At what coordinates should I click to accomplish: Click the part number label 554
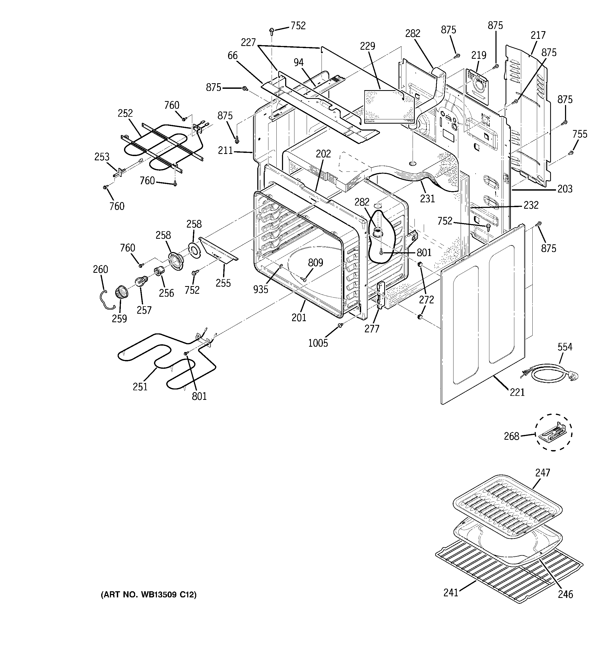(564, 347)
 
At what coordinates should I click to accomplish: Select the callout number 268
(511, 436)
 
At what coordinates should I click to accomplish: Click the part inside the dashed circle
(554, 433)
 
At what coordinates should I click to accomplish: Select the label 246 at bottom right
(565, 594)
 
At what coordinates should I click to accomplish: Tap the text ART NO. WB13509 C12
(148, 595)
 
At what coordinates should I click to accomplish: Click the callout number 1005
(318, 343)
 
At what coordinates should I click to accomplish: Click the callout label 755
(580, 134)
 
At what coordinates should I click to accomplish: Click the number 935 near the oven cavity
(260, 289)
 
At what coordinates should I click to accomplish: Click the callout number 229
(367, 46)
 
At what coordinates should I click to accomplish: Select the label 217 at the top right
(538, 35)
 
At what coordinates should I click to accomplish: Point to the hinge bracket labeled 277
(380, 294)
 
